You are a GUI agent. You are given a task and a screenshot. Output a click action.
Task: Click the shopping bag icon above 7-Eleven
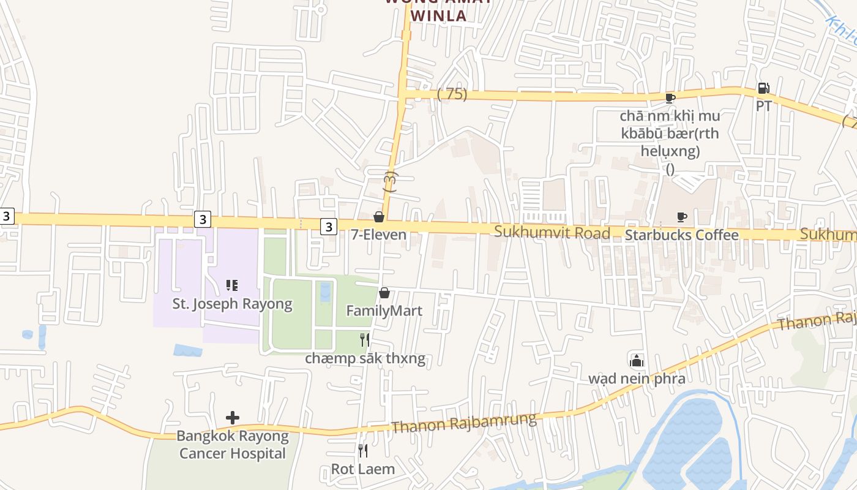pyautogui.click(x=379, y=217)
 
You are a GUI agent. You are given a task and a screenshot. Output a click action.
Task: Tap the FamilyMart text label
pyautogui.click(x=384, y=311)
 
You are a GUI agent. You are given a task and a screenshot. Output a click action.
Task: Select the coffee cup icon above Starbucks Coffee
pyautogui.click(x=681, y=217)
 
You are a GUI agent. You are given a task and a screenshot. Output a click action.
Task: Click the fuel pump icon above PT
pyautogui.click(x=763, y=88)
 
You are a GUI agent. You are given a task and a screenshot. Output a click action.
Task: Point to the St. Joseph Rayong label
pyautogui.click(x=232, y=304)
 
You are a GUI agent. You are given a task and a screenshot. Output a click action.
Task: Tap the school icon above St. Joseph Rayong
pyautogui.click(x=231, y=285)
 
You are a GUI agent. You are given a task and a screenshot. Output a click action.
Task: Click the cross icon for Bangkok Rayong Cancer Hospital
pyautogui.click(x=232, y=418)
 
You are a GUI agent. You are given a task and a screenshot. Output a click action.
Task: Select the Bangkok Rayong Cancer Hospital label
pyautogui.click(x=232, y=445)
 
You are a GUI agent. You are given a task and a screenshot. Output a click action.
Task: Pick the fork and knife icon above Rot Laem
pyautogui.click(x=363, y=451)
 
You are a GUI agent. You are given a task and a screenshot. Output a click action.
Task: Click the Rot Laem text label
pyautogui.click(x=362, y=469)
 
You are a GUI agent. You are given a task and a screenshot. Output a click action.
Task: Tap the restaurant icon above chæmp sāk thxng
pyautogui.click(x=365, y=340)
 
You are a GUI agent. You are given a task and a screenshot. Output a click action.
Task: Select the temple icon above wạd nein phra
pyautogui.click(x=637, y=360)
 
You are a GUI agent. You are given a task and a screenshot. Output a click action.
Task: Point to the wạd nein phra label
pyautogui.click(x=637, y=379)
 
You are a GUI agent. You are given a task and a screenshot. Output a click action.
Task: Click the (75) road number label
pyautogui.click(x=452, y=94)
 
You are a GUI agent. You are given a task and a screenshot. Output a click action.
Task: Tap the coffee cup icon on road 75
pyautogui.click(x=670, y=98)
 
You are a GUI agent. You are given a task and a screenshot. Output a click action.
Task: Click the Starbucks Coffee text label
pyautogui.click(x=681, y=235)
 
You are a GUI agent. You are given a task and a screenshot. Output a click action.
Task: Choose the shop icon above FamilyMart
pyautogui.click(x=384, y=293)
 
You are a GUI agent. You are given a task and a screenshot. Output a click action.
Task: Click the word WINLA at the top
pyautogui.click(x=438, y=15)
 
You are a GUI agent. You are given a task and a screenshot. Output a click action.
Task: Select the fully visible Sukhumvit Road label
pyautogui.click(x=552, y=232)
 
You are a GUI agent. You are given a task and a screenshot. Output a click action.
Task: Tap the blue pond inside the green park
pyautogui.click(x=325, y=292)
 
